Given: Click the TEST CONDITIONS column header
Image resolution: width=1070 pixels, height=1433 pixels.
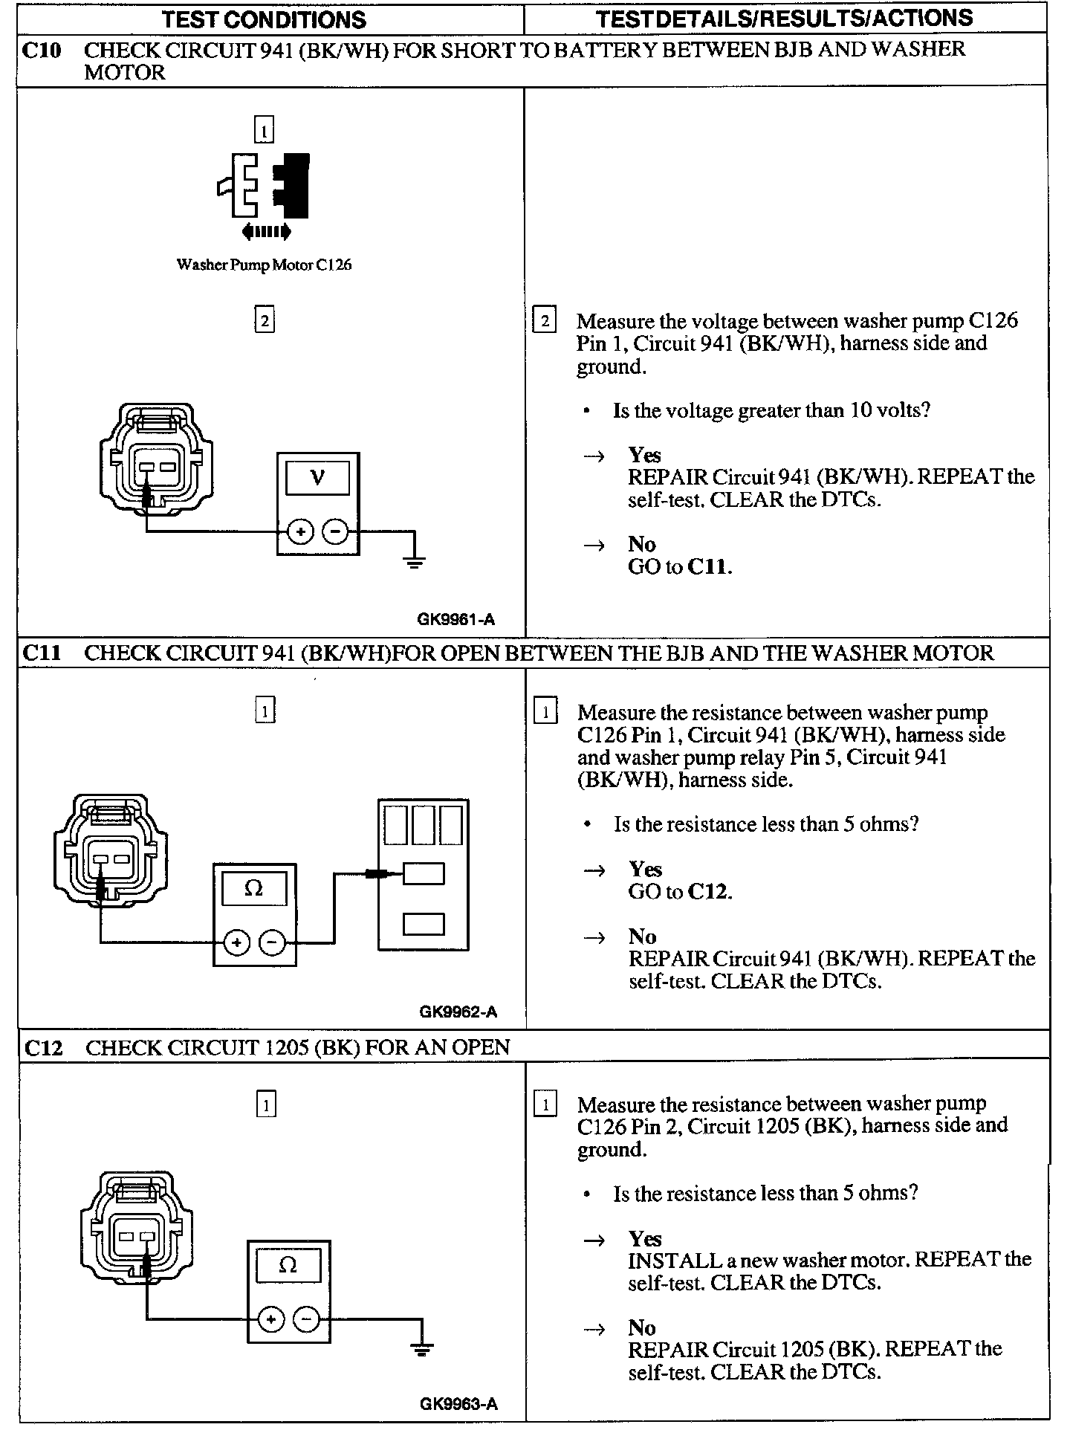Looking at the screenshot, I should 264,19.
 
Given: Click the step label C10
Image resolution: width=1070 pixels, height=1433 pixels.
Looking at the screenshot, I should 42,51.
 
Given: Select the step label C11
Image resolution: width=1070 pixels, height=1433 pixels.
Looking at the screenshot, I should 42,653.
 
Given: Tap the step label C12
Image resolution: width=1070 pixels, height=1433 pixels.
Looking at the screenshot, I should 43,1048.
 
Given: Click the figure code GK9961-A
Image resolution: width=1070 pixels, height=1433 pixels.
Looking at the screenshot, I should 455,619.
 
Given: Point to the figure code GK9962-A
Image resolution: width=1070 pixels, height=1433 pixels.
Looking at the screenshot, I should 458,1012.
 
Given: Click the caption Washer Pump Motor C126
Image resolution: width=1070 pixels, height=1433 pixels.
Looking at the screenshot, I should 264,265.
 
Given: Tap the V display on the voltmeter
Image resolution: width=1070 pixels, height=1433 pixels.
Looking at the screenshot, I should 317,478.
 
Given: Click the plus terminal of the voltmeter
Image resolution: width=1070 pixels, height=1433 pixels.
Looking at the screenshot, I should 300,532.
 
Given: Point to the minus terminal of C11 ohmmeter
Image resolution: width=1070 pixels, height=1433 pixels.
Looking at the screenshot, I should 272,943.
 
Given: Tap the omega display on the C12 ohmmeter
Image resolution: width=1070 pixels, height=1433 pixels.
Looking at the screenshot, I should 288,1265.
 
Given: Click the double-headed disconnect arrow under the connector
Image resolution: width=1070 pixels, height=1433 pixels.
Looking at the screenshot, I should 266,232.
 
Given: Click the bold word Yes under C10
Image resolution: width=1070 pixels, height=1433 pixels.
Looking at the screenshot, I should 644,455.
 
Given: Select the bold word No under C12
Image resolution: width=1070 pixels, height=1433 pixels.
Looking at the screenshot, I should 642,1327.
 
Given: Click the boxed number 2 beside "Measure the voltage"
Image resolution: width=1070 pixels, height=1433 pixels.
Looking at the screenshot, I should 545,320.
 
